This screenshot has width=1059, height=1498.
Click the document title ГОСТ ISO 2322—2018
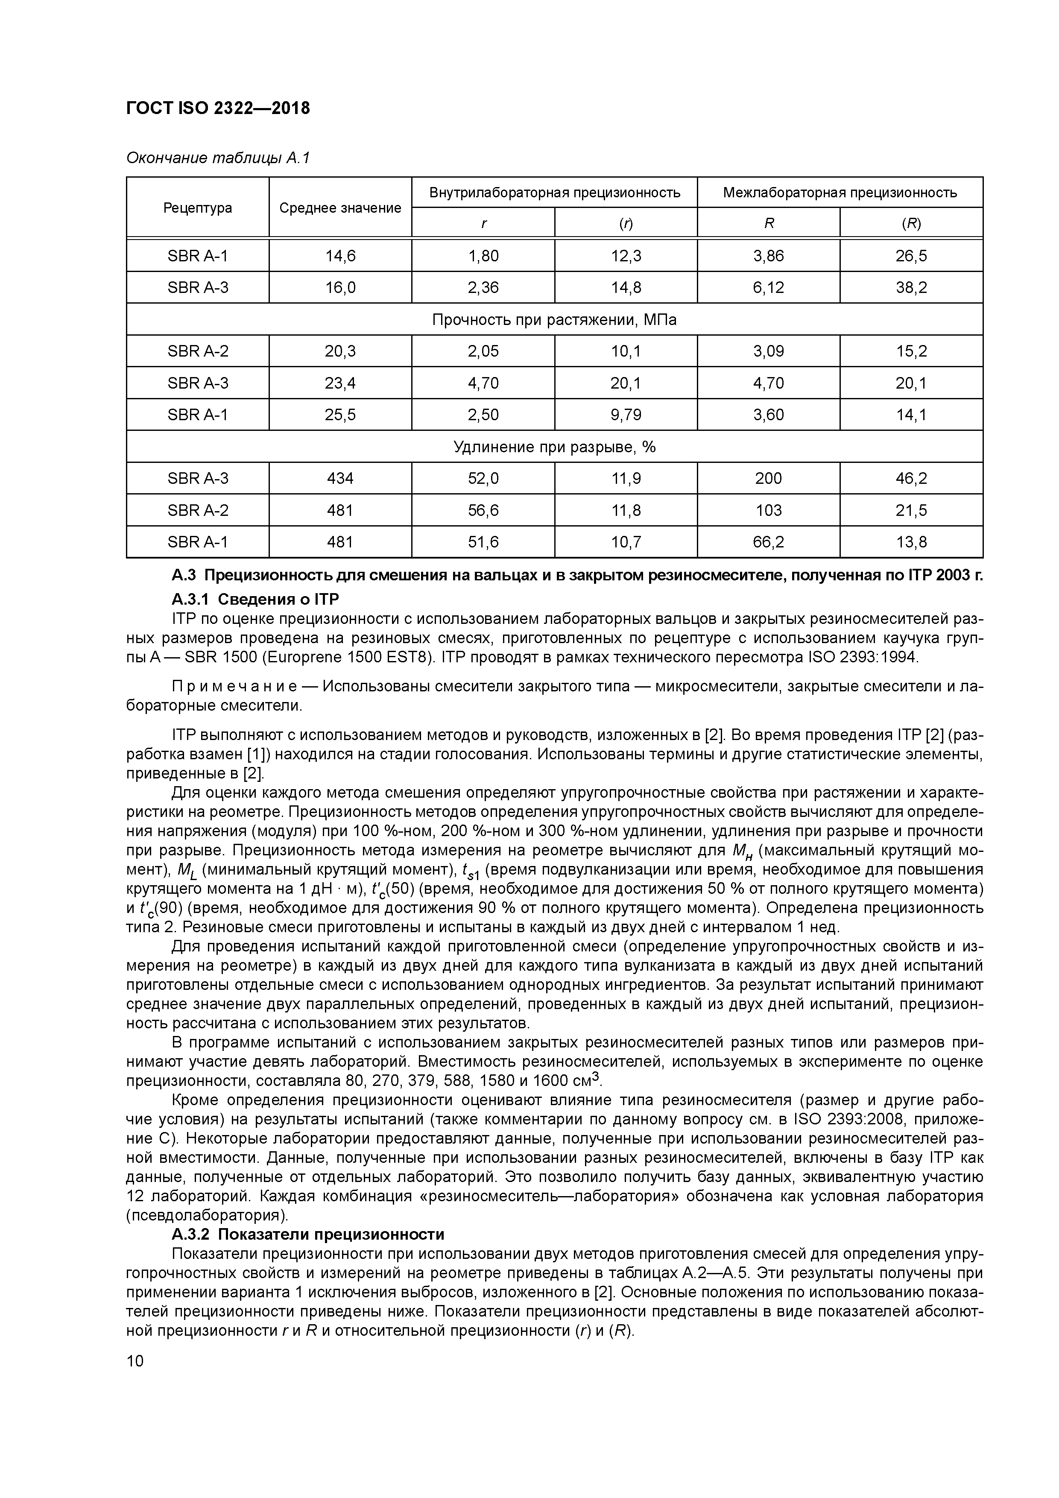point(218,108)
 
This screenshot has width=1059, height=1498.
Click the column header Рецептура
point(198,208)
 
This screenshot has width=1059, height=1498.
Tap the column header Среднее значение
point(340,208)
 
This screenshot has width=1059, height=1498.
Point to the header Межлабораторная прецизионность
point(840,193)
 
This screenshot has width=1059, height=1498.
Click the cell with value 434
point(340,479)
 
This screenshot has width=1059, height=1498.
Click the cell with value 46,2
point(911,479)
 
